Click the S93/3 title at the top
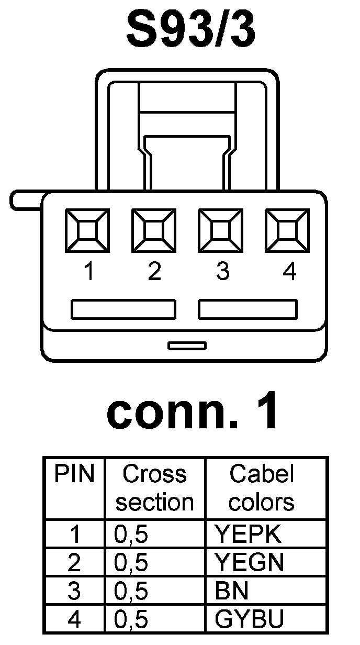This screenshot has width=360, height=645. pos(191,30)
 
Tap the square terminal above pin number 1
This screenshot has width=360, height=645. pos(87,229)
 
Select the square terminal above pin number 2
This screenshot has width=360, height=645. pos(154,229)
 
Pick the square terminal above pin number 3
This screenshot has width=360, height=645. pos(220,229)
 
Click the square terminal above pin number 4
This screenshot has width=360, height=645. pos(286,229)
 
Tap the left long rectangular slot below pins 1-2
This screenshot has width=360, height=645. pos(123,309)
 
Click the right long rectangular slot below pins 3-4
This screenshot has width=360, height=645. pos(248,309)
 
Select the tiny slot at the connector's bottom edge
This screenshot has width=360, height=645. pos(187,346)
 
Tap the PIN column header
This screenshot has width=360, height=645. pos(74,474)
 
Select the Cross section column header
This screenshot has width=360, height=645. pos(155,488)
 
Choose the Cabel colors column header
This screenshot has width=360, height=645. pos(262,488)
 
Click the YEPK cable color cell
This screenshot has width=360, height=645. pos(248,535)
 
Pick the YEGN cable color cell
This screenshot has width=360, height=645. pos(250,563)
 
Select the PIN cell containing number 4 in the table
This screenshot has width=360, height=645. pos(75,620)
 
